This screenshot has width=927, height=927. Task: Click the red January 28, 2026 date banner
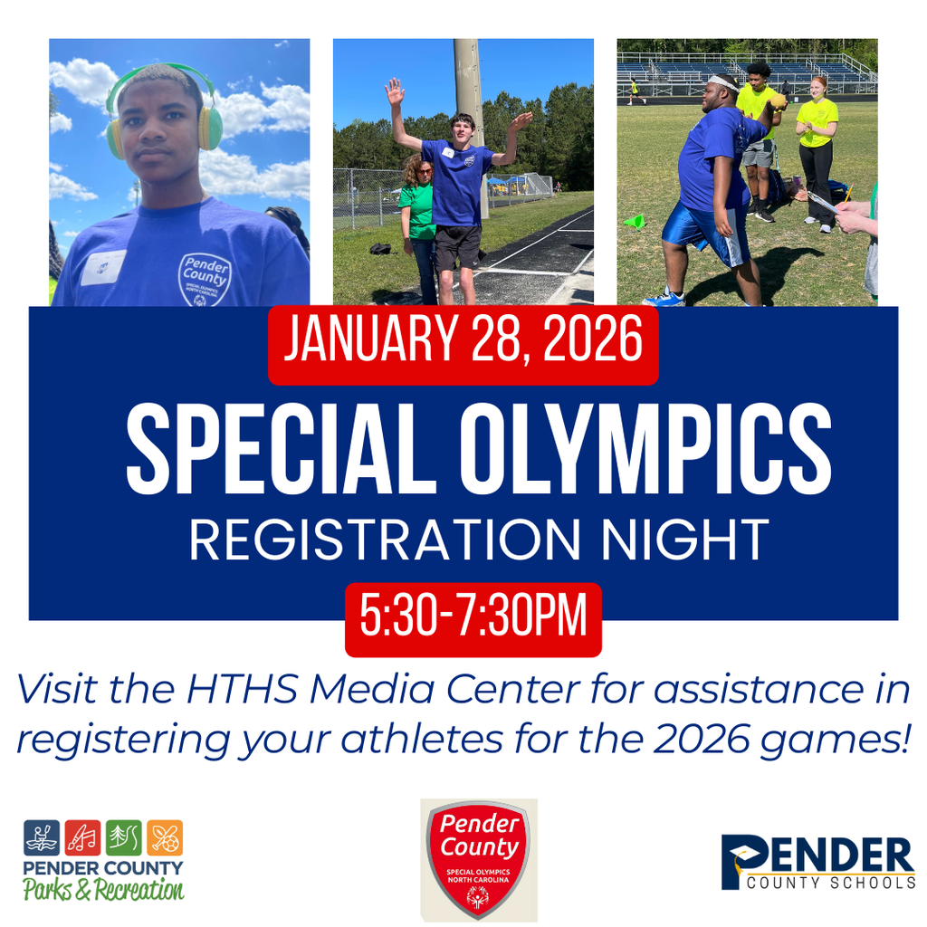pyautogui.click(x=463, y=344)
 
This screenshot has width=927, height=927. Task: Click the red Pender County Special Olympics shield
pyautogui.click(x=478, y=859)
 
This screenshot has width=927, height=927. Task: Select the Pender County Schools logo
pyautogui.click(x=817, y=863)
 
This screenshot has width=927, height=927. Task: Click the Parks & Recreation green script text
pyautogui.click(x=103, y=890)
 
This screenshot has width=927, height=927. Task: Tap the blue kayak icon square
pyautogui.click(x=42, y=837)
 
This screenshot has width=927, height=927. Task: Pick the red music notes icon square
pyautogui.click(x=82, y=837)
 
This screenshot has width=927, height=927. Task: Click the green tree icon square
pyautogui.click(x=124, y=837)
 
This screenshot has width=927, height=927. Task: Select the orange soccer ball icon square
pyautogui.click(x=165, y=837)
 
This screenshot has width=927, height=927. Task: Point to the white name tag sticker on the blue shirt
pyautogui.click(x=102, y=268)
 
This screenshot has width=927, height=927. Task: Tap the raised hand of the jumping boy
pyautogui.click(x=394, y=91)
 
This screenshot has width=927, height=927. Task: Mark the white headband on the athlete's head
pyautogui.click(x=723, y=82)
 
